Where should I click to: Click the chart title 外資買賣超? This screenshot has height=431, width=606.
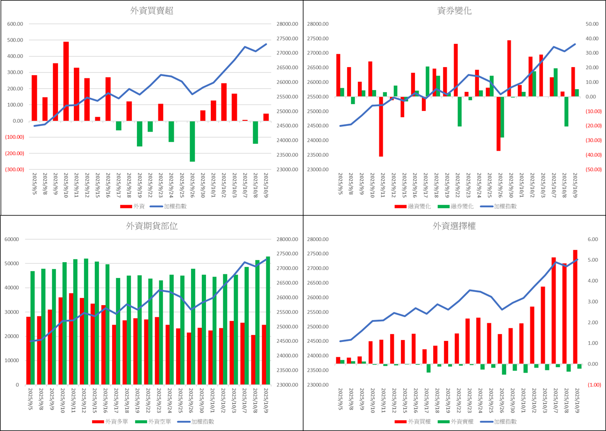click(152, 11)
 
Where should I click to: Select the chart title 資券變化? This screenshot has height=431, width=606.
click(454, 11)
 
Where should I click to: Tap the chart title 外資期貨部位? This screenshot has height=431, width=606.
click(152, 226)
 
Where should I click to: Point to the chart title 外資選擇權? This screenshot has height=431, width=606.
click(454, 226)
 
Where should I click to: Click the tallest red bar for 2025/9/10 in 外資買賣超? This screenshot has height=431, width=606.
click(66, 82)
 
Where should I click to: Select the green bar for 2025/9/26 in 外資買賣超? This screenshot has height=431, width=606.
click(192, 141)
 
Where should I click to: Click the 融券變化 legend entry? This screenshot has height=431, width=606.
click(456, 206)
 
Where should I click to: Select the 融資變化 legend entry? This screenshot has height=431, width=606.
click(413, 206)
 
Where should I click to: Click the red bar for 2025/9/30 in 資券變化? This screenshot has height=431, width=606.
click(509, 69)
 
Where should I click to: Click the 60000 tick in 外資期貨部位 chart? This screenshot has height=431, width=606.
click(11, 240)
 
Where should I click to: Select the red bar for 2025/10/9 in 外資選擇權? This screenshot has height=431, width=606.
click(575, 307)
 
